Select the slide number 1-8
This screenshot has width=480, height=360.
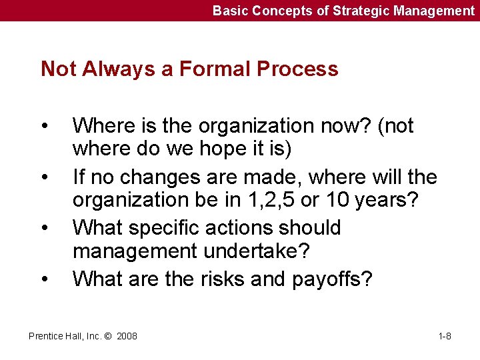point(445,336)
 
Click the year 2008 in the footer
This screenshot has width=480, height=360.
point(127,336)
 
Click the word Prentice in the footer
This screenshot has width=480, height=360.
point(45,336)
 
